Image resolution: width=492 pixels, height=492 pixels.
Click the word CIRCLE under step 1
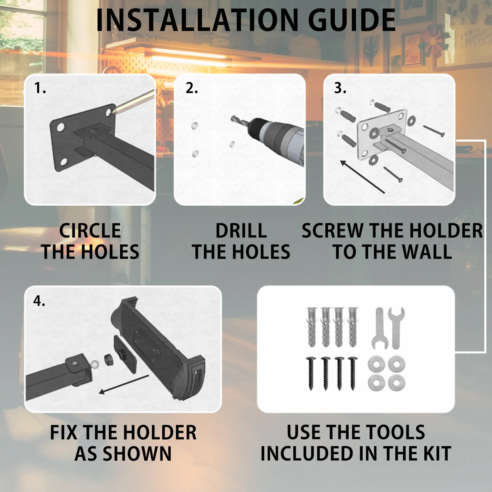[90, 231]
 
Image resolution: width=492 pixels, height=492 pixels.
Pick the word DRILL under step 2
[241, 231]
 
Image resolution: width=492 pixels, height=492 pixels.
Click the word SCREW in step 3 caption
[332, 231]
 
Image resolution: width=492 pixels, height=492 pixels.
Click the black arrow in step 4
[124, 384]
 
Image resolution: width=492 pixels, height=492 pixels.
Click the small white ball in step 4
[94, 364]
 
